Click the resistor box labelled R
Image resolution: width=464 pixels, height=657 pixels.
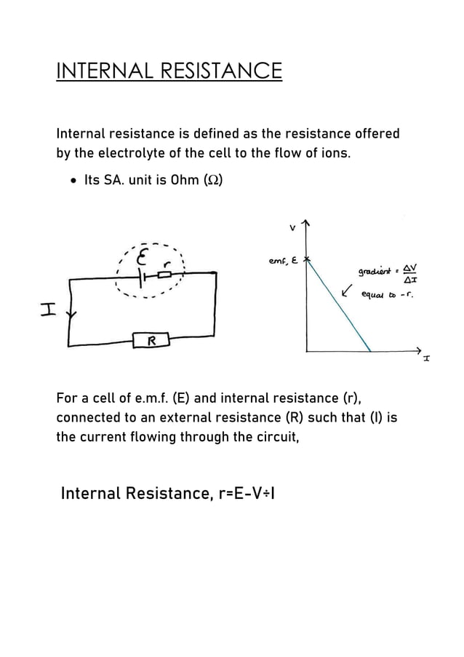151,340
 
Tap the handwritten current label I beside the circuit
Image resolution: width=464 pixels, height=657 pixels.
48,311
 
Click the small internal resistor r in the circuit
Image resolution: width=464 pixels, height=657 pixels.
165,275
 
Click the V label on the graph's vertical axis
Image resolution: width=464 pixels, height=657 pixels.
292,227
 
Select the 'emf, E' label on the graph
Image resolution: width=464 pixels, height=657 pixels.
284,261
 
